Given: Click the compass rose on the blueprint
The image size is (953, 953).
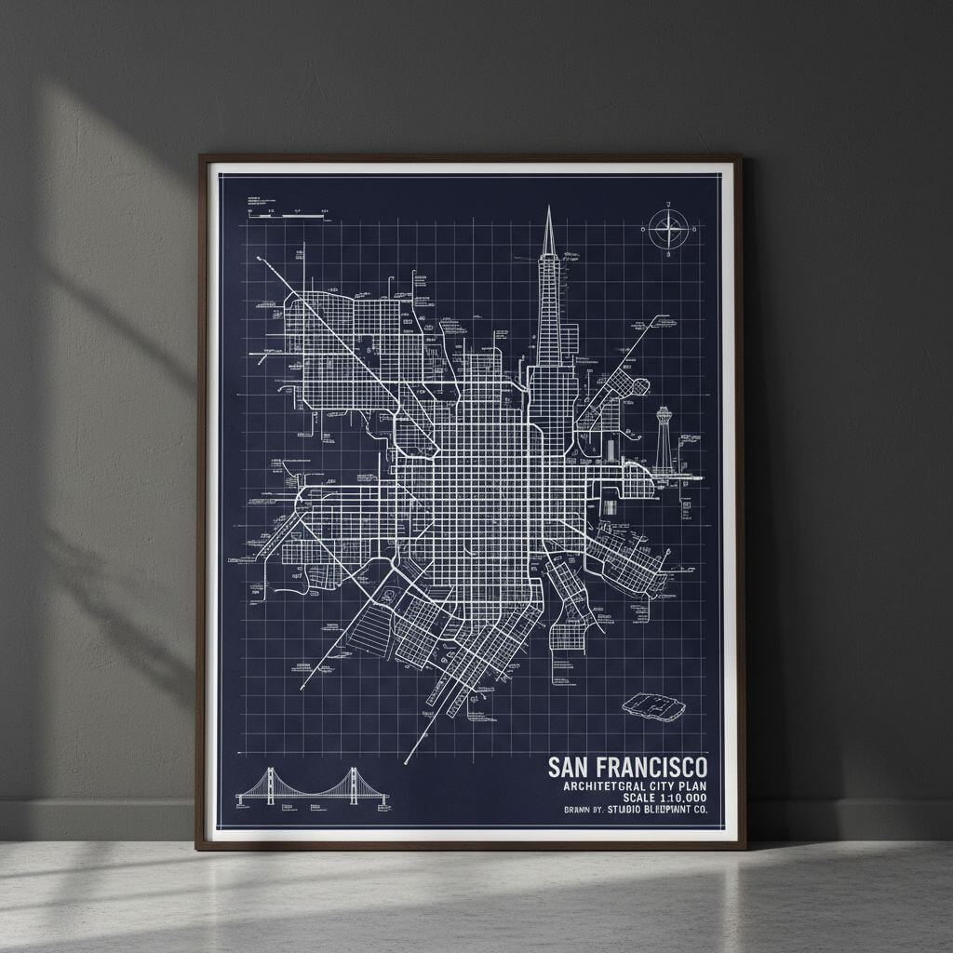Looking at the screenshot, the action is [x=668, y=229].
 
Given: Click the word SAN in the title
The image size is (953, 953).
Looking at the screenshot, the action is [x=569, y=767].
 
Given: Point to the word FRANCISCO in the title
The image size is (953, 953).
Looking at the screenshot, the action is [x=651, y=767].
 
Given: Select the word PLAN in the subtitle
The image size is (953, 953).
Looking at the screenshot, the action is [x=690, y=785].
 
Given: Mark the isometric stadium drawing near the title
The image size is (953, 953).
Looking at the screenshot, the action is [x=653, y=706].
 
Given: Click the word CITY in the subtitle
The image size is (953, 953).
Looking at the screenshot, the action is [x=656, y=785].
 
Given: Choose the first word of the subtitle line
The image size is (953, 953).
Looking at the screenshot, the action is [x=597, y=785].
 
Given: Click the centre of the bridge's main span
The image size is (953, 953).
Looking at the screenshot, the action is [x=313, y=794].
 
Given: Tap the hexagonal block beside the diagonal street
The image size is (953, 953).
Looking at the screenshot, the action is [x=640, y=386].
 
